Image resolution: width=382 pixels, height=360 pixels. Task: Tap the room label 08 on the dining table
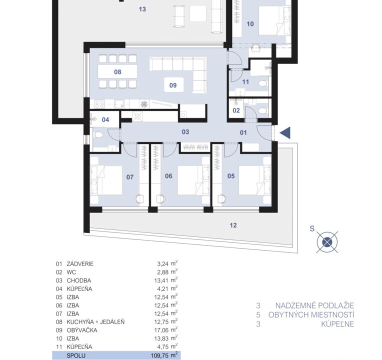coord(117,72)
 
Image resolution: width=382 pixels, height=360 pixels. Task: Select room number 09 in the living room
coord(173,85)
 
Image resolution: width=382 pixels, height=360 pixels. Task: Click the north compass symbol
coord(327,242)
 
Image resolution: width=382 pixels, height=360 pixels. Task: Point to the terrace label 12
coord(233,225)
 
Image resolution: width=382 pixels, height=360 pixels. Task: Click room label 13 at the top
coord(142,9)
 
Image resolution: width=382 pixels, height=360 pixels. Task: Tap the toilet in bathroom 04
coord(99,134)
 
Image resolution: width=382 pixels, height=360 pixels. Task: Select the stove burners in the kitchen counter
coord(99,104)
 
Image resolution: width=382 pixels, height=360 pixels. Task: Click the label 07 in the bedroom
coord(130,177)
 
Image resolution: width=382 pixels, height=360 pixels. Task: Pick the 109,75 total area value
coord(159,355)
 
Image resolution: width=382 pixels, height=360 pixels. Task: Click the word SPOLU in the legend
coord(76,355)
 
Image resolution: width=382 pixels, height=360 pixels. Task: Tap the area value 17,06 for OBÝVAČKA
coord(161,330)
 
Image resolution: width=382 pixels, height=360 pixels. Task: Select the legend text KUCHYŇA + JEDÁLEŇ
coord(95,322)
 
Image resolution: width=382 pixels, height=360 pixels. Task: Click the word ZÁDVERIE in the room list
coord(80,264)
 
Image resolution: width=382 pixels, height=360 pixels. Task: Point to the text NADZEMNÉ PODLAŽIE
coord(314,305)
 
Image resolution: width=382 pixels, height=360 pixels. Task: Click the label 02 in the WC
coord(236,110)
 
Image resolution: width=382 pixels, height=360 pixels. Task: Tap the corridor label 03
coord(185,132)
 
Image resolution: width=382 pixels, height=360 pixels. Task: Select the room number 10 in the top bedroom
coord(250,24)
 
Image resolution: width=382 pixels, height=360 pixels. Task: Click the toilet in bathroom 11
coord(262,84)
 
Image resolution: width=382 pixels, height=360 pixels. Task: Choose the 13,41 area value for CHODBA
coord(161,280)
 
